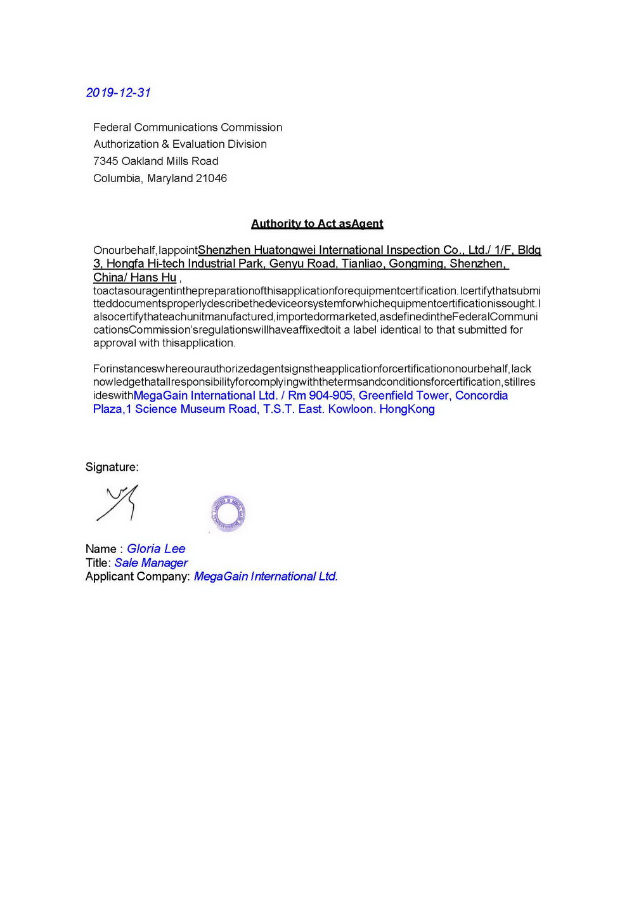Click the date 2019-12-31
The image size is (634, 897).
tap(118, 93)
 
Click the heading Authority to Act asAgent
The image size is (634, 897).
tap(317, 223)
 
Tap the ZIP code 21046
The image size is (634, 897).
tap(211, 178)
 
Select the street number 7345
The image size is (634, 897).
tap(105, 161)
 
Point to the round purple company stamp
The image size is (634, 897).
tap(228, 513)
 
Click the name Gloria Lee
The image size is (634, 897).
tap(156, 549)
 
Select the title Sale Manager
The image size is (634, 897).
tap(151, 563)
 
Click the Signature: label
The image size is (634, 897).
tap(112, 467)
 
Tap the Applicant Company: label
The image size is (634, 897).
tap(138, 577)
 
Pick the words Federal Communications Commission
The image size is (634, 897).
tap(188, 128)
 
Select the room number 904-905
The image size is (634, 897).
tap(330, 395)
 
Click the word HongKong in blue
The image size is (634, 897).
tap(407, 409)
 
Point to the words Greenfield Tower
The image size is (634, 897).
tap(404, 395)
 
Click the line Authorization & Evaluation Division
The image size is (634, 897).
tap(180, 144)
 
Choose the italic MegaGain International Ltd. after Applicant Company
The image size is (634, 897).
tap(266, 577)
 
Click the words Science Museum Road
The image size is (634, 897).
tap(196, 409)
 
